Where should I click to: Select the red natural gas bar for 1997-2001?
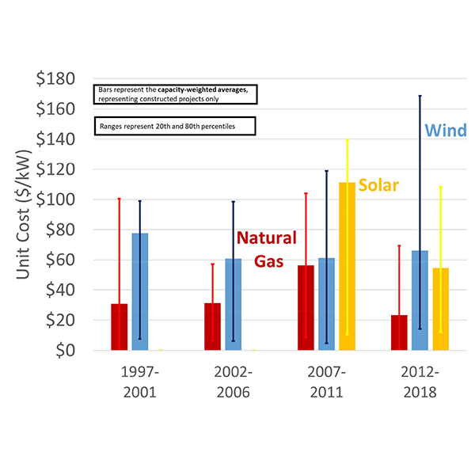120,327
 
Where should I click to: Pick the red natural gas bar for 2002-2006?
212,326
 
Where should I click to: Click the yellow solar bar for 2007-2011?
347,266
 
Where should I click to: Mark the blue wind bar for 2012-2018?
420,300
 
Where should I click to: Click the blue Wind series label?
446,130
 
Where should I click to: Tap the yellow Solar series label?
378,185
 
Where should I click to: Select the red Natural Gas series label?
266,248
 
